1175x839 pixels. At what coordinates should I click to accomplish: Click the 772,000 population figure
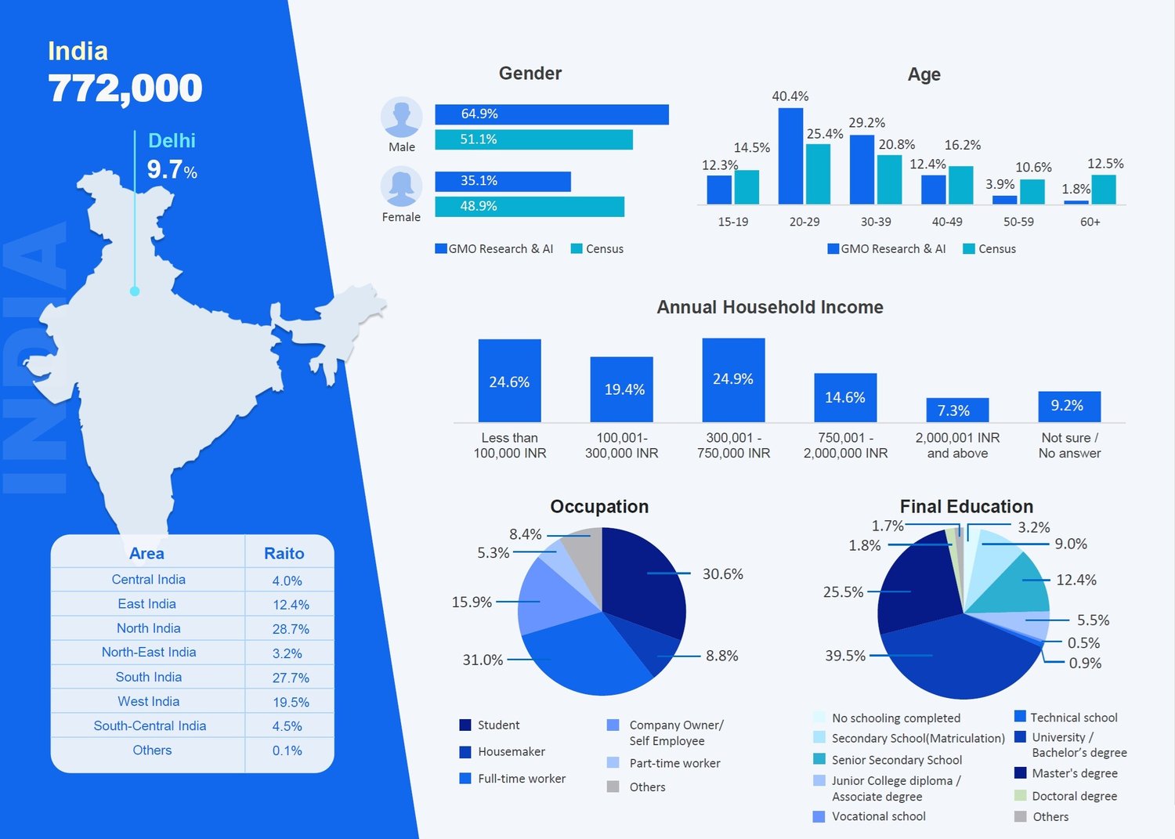[x=125, y=88]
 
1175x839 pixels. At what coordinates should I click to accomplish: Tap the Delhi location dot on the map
[x=135, y=291]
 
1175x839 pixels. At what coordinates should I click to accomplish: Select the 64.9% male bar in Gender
[x=551, y=114]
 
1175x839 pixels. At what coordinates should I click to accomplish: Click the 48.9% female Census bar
[x=530, y=207]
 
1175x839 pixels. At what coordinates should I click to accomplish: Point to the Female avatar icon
[x=401, y=187]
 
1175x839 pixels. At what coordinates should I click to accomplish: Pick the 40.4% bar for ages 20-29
[x=790, y=156]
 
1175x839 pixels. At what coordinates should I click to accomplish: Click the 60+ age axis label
[x=1090, y=222]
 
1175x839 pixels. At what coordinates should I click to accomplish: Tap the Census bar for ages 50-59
[x=1032, y=191]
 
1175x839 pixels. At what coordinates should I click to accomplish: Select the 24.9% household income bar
[x=733, y=380]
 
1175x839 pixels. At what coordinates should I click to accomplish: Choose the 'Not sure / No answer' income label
[x=1069, y=446]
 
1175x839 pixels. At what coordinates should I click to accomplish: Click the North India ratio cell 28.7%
[x=291, y=629]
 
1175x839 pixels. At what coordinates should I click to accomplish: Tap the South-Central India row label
[x=150, y=726]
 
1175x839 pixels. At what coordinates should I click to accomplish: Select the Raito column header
[x=284, y=554]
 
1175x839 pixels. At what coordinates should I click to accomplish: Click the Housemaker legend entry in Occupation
[x=511, y=752]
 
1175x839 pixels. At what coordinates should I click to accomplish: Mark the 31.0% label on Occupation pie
[x=483, y=660]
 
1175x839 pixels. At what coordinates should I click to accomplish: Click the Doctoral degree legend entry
[x=1074, y=796]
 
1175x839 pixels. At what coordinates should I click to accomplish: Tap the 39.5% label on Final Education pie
[x=845, y=656]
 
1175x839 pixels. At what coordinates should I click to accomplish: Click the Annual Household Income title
[x=769, y=307]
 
